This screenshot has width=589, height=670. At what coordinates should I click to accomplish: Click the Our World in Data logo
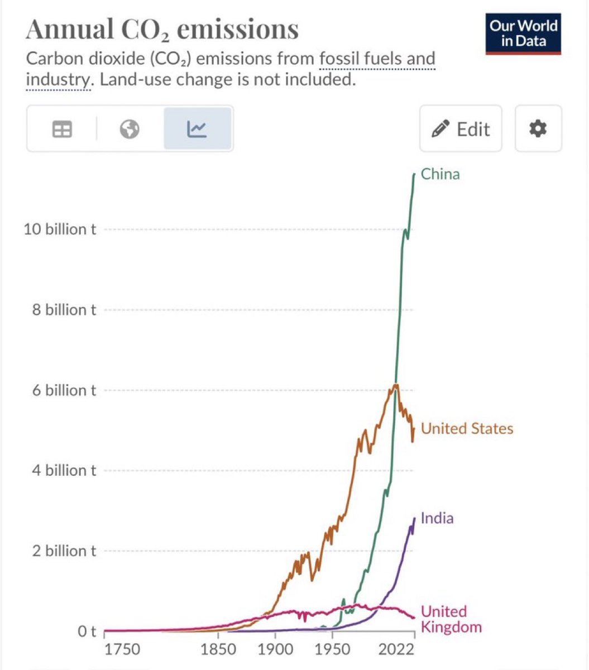(x=523, y=33)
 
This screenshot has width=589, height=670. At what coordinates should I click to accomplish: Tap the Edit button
(x=461, y=129)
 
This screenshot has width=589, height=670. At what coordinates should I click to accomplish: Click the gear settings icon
(x=538, y=129)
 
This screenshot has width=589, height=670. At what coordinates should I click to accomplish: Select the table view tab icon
(x=62, y=130)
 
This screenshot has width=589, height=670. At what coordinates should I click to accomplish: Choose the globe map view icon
(x=130, y=130)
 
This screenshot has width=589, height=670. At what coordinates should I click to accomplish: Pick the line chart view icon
(x=197, y=130)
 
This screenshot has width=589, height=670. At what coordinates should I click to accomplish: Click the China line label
(x=440, y=174)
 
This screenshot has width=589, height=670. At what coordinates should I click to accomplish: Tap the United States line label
(x=467, y=428)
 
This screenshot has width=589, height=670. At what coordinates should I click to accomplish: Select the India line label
(x=437, y=518)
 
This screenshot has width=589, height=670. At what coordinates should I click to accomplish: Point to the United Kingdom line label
(x=451, y=619)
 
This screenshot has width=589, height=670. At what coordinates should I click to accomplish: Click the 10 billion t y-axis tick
(x=59, y=229)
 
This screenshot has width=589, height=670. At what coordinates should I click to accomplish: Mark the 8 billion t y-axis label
(x=64, y=310)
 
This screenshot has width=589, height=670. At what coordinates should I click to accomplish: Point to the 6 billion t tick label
(x=64, y=390)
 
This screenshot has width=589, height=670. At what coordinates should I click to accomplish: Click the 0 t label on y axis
(x=87, y=631)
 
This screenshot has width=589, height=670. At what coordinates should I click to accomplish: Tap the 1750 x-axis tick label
(x=122, y=649)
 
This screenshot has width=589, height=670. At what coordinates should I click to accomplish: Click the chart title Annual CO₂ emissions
(x=162, y=29)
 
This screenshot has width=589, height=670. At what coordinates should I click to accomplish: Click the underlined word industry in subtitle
(x=58, y=80)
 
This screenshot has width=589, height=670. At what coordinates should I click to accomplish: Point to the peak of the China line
(x=414, y=174)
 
